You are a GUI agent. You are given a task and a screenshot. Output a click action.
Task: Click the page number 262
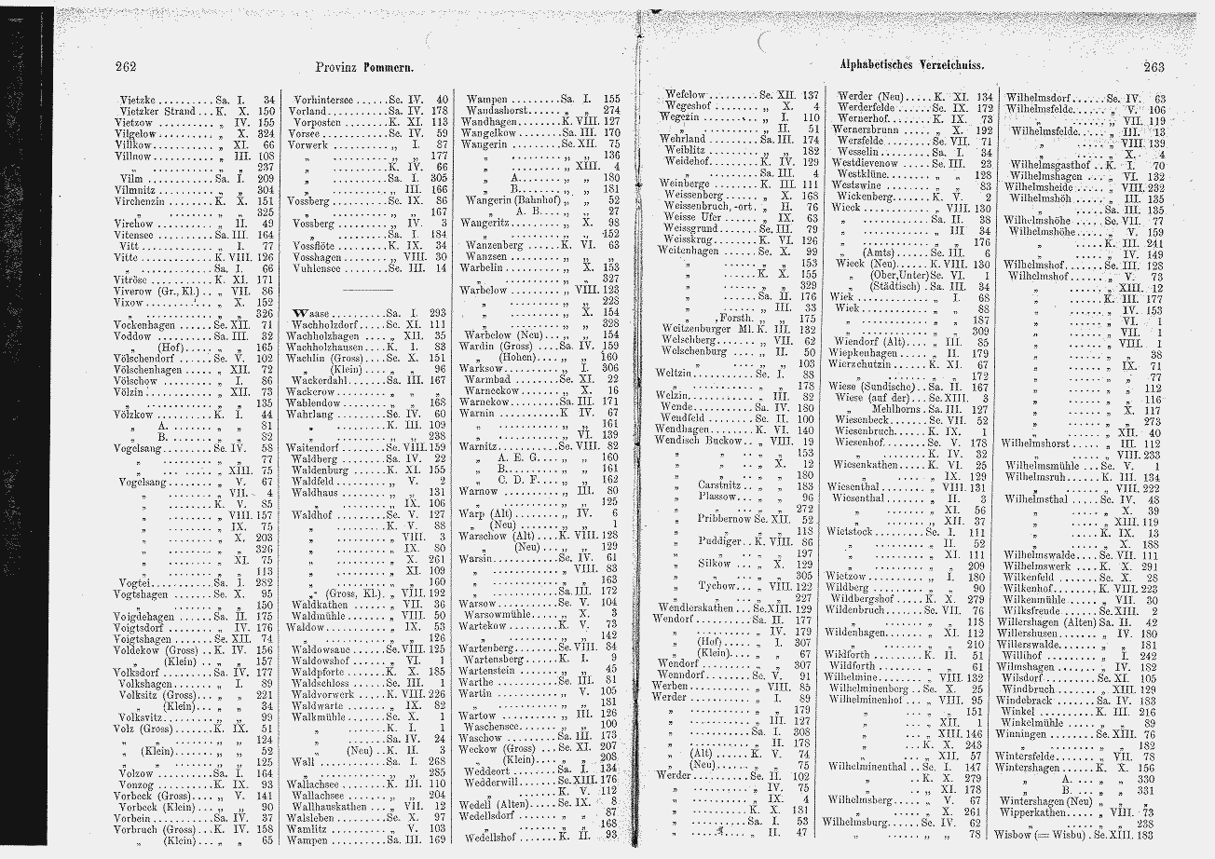coord(126,66)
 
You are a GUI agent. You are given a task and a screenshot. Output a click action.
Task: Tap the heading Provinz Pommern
coord(364,67)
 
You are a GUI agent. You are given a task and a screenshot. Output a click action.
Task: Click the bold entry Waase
coord(308,311)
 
